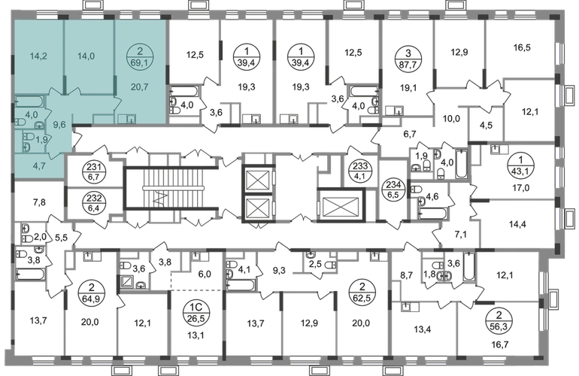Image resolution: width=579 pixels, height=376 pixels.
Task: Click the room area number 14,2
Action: (38, 56)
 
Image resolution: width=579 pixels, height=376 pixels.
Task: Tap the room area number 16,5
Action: (522, 47)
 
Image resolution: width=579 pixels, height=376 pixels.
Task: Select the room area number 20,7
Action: (140, 87)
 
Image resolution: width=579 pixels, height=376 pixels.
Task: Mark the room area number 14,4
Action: (517, 224)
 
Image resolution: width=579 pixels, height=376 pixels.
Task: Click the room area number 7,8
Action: (39, 202)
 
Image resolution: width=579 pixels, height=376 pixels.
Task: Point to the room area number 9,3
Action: (279, 271)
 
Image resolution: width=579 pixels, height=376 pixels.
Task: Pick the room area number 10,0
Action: (451, 119)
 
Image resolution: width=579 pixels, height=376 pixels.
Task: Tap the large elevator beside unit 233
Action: (341, 205)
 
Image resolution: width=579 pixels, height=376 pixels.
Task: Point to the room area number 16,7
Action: (501, 344)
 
